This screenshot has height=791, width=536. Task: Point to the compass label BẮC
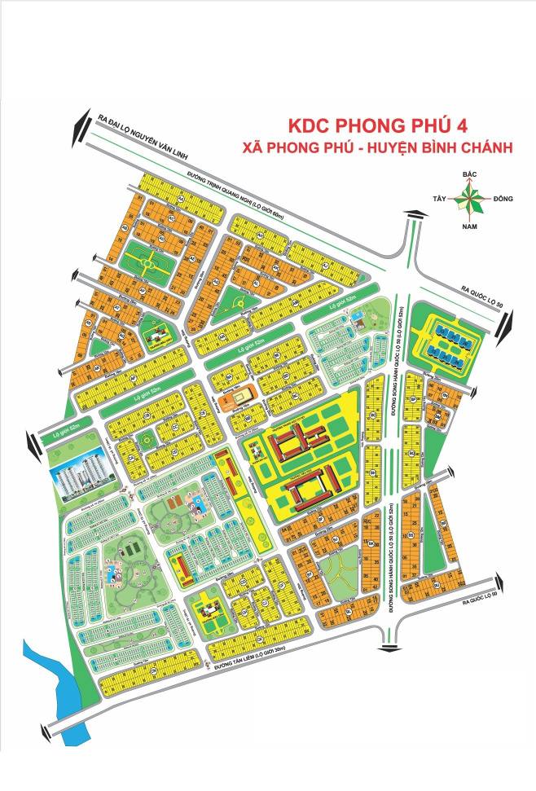click(468, 174)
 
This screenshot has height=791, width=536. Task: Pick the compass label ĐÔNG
click(502, 198)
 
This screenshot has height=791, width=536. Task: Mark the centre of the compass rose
click(468, 196)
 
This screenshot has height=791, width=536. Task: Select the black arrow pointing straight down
click(389, 648)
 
